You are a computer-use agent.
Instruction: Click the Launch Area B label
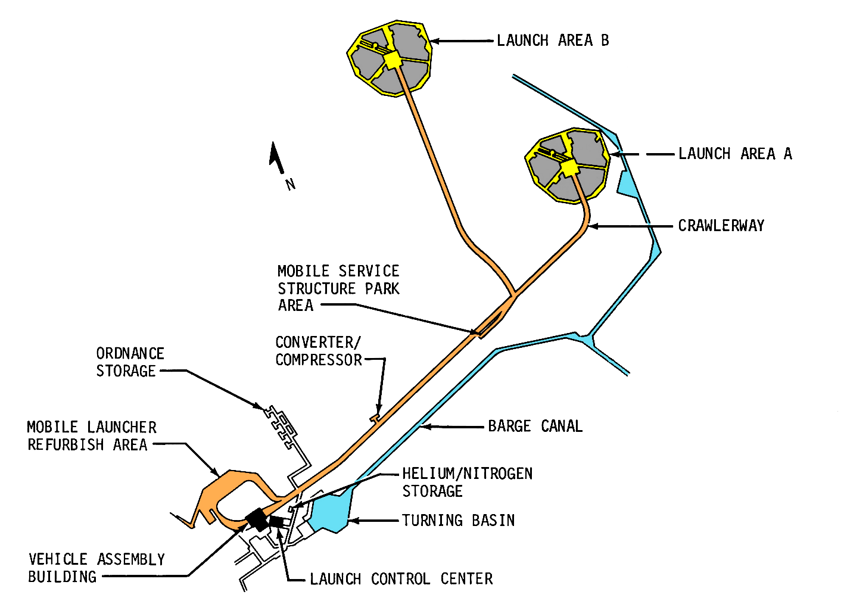553,41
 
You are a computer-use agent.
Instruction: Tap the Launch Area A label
735,154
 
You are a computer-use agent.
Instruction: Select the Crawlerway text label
721,226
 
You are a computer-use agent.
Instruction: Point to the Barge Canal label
535,426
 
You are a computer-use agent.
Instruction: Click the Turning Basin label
458,520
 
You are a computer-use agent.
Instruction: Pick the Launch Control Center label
401,578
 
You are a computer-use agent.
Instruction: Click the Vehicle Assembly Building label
96,568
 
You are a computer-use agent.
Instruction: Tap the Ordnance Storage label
129,362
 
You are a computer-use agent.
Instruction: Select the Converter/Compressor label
318,351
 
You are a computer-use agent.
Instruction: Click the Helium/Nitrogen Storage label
467,482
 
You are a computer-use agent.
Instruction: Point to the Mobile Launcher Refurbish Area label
92,435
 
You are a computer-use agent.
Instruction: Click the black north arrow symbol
276,157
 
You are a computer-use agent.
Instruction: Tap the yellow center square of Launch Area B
393,60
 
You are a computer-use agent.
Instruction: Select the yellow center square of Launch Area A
569,168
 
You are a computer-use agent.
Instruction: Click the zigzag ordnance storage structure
282,427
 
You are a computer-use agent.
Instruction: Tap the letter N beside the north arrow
291,184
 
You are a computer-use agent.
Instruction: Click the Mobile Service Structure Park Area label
338,288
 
